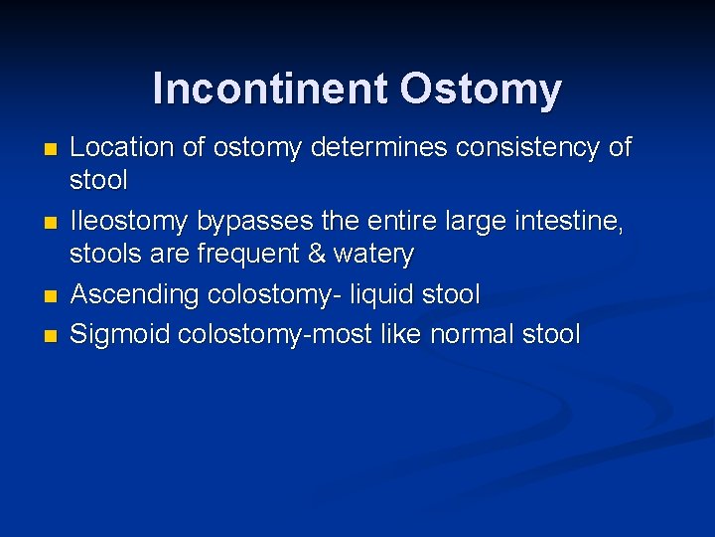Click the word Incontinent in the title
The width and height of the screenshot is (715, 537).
point(270,89)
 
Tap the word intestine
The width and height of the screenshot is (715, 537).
point(568,222)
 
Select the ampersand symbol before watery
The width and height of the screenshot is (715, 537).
point(317,255)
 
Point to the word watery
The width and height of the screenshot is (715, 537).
point(374,255)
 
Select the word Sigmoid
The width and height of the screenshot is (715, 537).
point(120,334)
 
